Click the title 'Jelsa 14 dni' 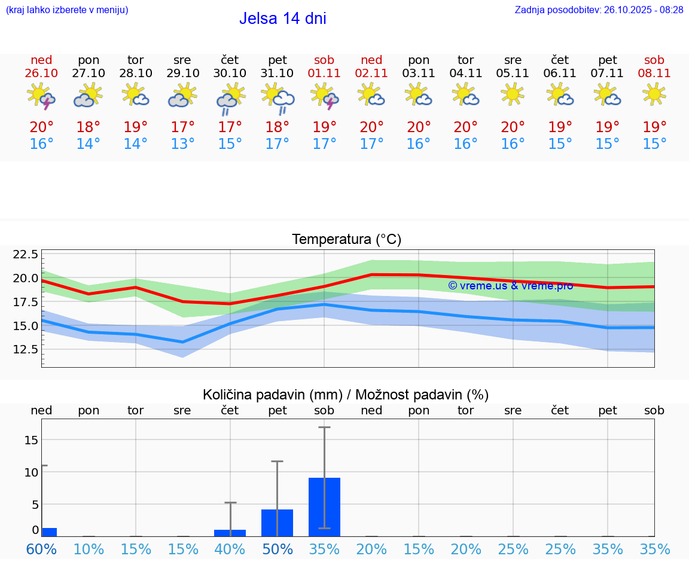282,19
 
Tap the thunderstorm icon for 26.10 41,96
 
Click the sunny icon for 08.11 654,94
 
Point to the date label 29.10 183,74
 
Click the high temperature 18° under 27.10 89,127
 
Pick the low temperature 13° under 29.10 183,144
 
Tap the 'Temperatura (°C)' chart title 346,240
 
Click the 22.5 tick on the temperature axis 25,255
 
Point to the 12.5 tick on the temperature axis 25,349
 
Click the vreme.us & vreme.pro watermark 510,286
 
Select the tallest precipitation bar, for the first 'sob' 324,507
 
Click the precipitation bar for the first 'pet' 277,523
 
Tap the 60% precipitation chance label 41,550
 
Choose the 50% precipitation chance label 278,550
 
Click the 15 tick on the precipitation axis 31,440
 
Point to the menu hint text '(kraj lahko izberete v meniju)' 67,10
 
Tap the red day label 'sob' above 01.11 324,60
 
